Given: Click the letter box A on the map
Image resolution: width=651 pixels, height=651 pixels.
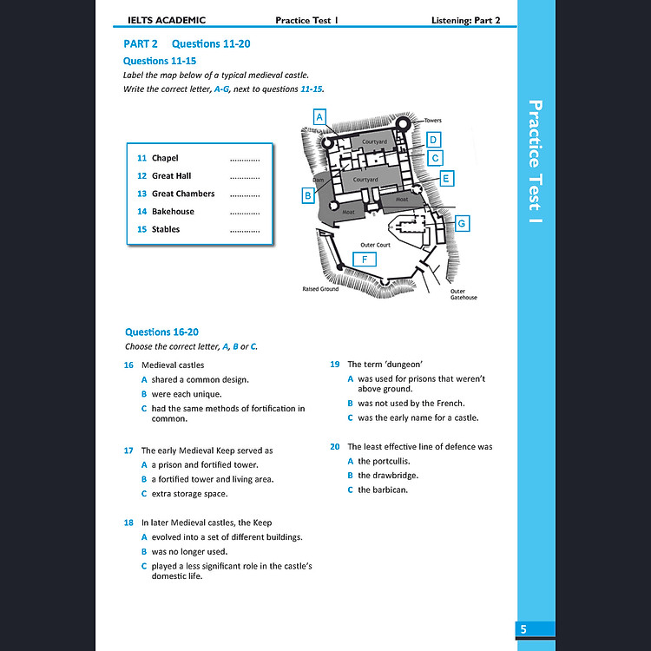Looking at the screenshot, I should coord(319,115).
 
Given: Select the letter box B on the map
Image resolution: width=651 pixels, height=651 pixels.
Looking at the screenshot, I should coord(307,196).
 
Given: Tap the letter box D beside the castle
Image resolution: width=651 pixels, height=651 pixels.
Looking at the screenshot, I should coord(434,140).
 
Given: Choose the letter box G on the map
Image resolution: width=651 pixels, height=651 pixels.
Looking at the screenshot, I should coord(462,224).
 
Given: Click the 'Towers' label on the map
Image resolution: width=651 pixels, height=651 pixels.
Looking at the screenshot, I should coord(432,121).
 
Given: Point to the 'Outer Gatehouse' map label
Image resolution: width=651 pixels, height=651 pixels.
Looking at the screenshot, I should coord(463,294).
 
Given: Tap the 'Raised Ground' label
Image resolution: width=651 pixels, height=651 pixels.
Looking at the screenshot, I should coord(320,289).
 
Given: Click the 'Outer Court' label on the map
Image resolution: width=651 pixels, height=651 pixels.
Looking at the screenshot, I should coord(375,245).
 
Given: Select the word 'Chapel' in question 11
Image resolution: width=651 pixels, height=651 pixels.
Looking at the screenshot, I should coord(165,158).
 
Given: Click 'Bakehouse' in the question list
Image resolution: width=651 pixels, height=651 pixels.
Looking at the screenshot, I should coord(173,211).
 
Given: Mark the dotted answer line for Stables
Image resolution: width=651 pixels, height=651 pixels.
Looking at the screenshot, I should coord(245,230).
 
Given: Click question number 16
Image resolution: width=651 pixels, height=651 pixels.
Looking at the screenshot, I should coord(129,365).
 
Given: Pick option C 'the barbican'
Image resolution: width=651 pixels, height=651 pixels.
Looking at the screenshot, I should coord(383,490).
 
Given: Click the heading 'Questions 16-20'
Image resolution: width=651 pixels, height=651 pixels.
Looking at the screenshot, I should coord(161,332).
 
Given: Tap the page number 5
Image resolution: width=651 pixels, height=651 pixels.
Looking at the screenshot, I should coord(523,629).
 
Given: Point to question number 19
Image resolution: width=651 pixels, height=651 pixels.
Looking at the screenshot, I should coord(335,365).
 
